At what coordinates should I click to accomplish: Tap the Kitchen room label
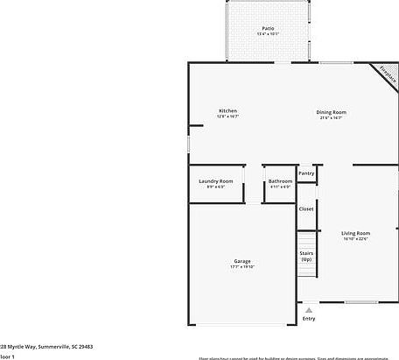click(x=227, y=110)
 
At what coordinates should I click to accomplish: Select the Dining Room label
click(x=332, y=111)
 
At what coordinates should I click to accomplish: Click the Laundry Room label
click(x=215, y=180)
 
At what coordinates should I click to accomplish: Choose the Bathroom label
click(x=280, y=180)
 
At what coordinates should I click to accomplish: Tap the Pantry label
click(x=306, y=173)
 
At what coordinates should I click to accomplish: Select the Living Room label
click(x=355, y=233)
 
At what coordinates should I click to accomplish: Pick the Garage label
click(x=242, y=261)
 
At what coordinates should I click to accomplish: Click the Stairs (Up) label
click(x=306, y=257)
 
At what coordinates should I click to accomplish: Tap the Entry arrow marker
click(x=308, y=308)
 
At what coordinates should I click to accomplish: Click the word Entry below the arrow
click(x=308, y=318)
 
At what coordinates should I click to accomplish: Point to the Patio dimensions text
click(x=268, y=35)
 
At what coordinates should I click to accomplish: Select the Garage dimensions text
click(x=242, y=267)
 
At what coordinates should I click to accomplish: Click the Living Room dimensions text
click(x=355, y=239)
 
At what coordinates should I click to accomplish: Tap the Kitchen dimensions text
click(x=227, y=116)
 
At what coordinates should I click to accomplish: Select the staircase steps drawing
click(x=306, y=240)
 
